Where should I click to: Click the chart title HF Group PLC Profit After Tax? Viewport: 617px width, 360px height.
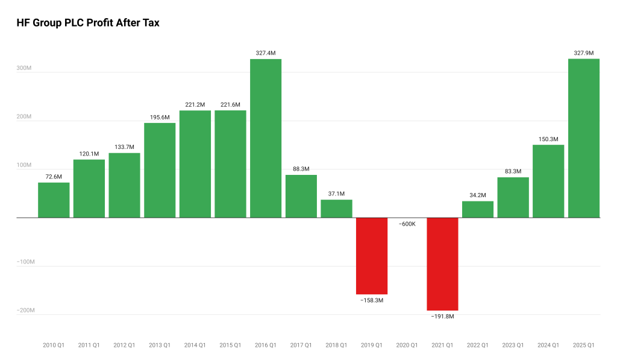tap(88, 23)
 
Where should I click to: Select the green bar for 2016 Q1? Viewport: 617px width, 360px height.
tap(266, 138)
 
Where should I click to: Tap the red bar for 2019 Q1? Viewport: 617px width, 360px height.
tap(372, 256)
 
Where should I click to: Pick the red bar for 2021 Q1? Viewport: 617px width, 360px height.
tap(442, 264)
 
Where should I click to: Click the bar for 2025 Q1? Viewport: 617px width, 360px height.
tap(584, 138)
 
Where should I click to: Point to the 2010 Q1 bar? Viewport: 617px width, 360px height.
tap(54, 200)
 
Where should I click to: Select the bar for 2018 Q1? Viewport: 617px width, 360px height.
tap(336, 209)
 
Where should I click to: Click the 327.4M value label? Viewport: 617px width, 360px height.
tap(266, 53)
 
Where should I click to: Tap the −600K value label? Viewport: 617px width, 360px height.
tap(407, 224)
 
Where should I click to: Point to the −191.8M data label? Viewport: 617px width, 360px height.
tap(442, 316)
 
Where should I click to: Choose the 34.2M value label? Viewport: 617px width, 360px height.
tap(478, 195)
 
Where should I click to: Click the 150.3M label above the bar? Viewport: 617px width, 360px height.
tap(548, 139)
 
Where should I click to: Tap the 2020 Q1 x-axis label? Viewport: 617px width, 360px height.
tap(407, 346)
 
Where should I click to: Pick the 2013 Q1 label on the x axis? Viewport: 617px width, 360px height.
tap(160, 346)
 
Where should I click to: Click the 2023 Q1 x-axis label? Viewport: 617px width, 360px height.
tap(513, 346)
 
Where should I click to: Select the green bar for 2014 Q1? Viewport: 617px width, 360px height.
tap(195, 164)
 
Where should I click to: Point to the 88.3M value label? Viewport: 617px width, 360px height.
tap(301, 169)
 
